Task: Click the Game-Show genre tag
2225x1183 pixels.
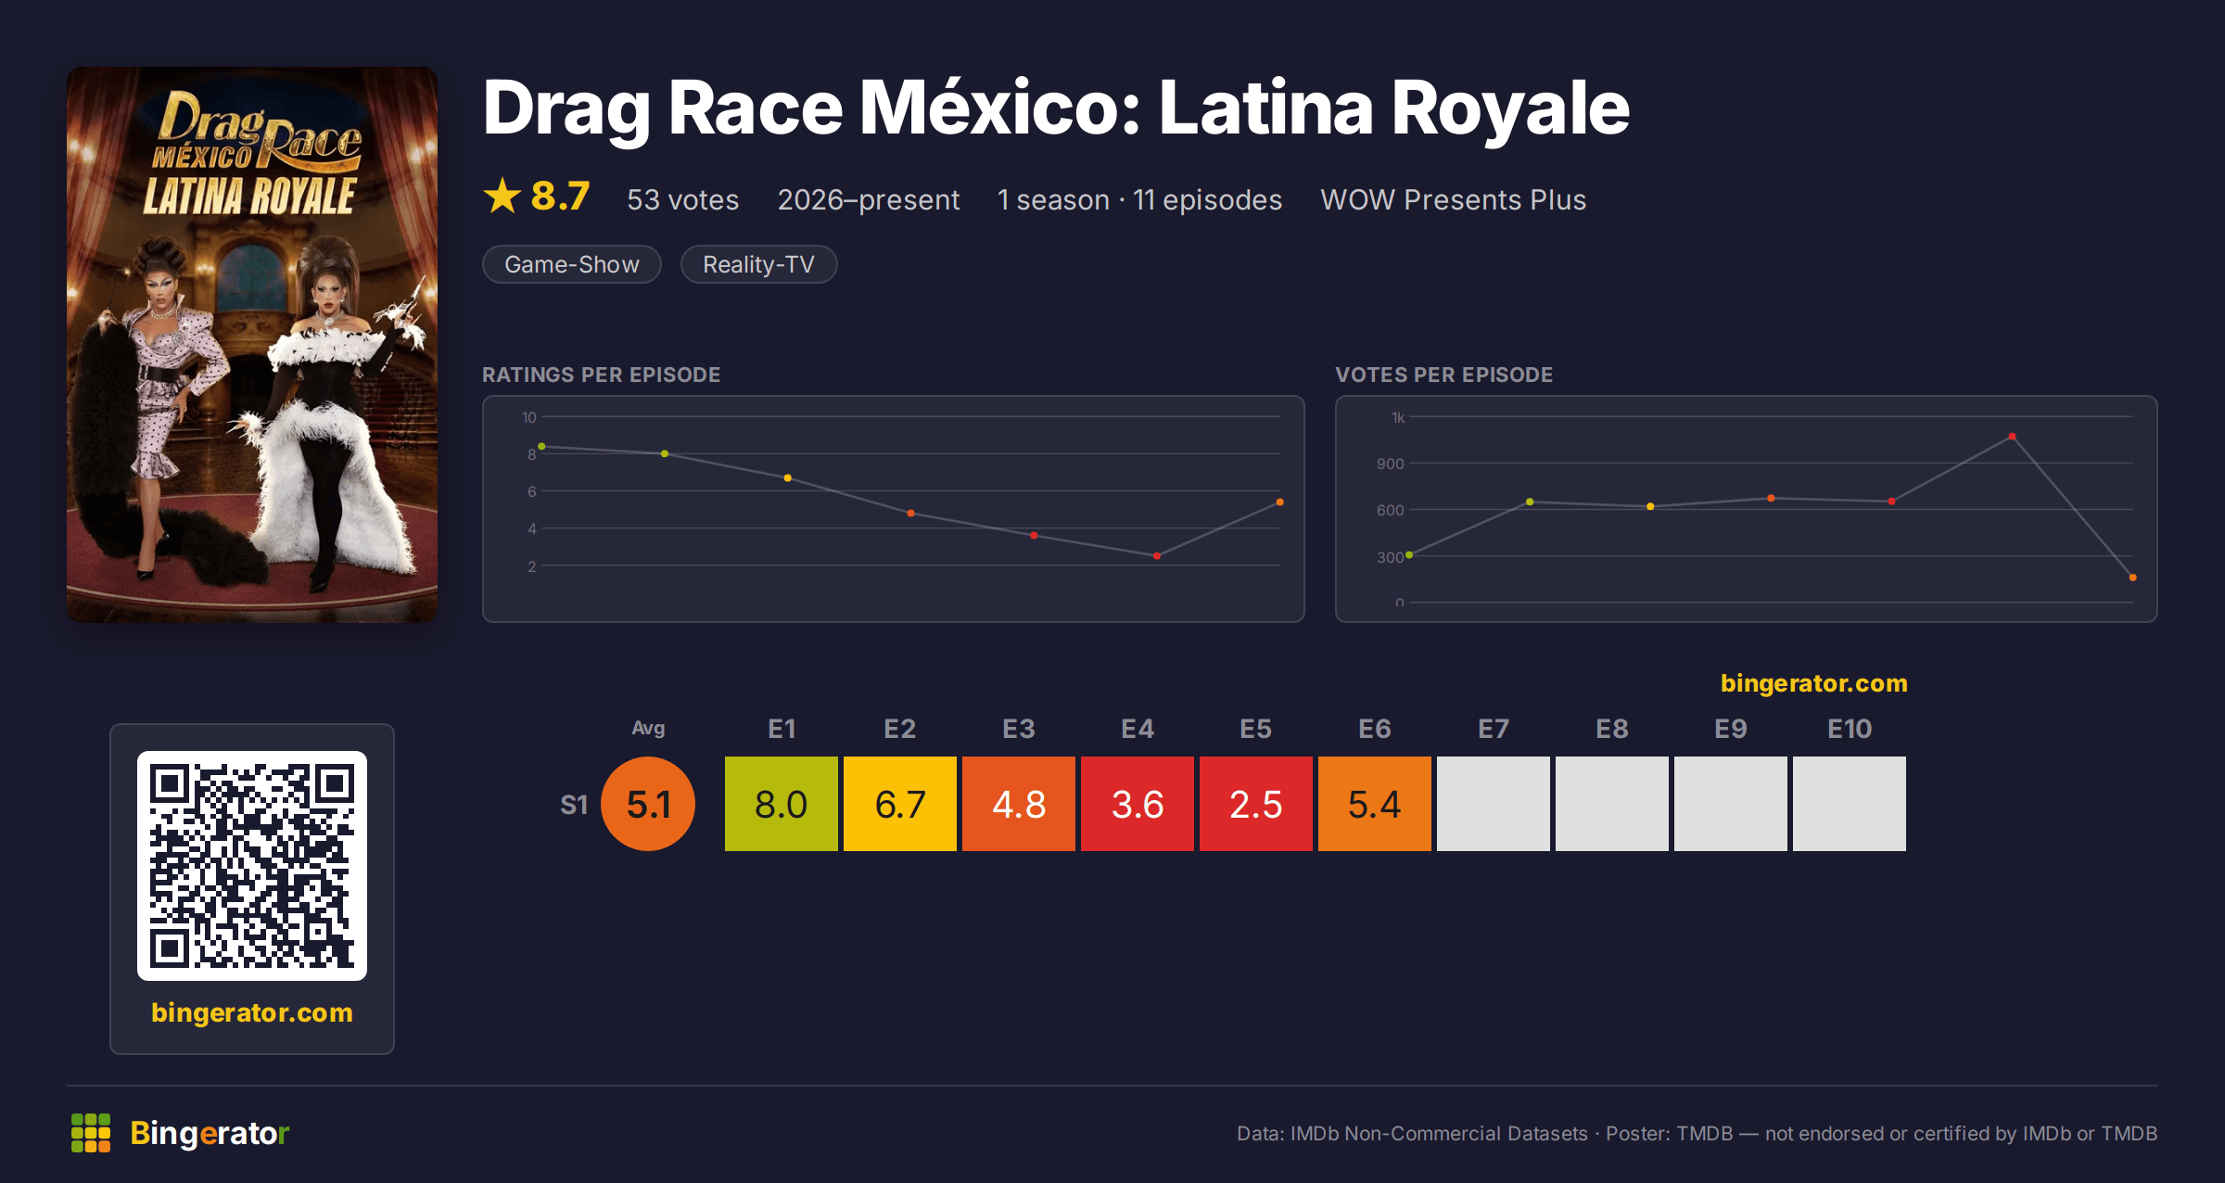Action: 571,264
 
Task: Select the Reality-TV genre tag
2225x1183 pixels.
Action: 758,264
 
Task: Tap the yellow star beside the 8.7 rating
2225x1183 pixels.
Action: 502,196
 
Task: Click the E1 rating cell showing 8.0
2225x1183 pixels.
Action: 782,804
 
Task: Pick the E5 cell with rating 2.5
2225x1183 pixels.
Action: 1256,804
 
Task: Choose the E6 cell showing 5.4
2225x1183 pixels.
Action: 1375,804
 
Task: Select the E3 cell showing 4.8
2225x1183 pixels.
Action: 1019,804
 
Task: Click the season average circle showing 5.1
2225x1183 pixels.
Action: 648,804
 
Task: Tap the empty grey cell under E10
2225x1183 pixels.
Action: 1850,804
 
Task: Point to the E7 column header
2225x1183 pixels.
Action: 1494,729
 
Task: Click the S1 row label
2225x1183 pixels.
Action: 574,805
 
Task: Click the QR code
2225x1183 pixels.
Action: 252,866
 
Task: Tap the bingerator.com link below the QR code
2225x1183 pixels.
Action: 252,1012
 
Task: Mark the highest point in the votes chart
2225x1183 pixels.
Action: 2012,437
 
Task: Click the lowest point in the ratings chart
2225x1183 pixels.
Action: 1157,556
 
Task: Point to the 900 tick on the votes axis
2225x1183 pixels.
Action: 1390,464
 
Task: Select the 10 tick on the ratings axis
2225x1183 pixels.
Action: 528,417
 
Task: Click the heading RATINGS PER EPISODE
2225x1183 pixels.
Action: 601,375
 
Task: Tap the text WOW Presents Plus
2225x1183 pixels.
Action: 1453,199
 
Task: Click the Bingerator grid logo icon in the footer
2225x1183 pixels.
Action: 91,1133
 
